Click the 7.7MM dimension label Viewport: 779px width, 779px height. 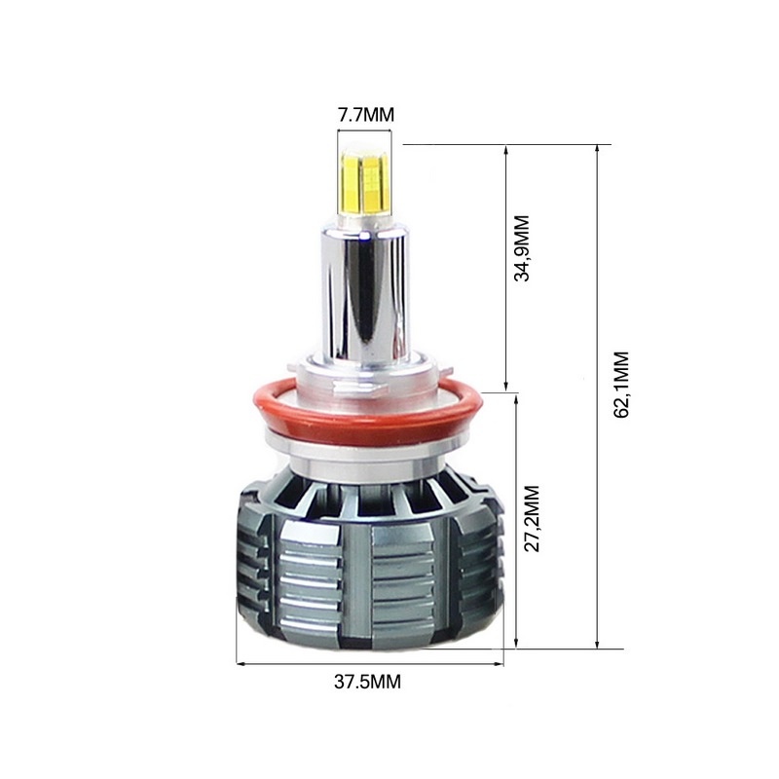point(366,115)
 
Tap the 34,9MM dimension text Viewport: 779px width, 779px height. point(522,248)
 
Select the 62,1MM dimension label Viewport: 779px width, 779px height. point(621,385)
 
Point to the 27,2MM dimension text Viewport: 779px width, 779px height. point(532,518)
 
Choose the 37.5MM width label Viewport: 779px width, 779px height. point(367,682)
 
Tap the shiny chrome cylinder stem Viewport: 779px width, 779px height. point(365,294)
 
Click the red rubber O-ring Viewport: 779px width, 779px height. point(368,410)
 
